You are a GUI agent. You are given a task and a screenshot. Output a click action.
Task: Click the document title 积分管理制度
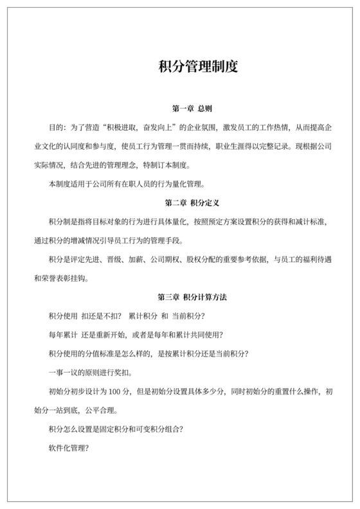(x=198, y=67)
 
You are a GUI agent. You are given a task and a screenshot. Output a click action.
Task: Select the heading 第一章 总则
(x=197, y=109)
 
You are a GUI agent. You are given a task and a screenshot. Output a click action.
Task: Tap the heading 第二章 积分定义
(x=197, y=203)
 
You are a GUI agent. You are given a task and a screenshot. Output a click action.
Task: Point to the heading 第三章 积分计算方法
(x=197, y=298)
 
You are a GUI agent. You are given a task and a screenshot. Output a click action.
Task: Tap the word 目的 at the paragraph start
(x=56, y=126)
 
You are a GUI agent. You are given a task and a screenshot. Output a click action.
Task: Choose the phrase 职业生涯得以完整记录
(x=252, y=145)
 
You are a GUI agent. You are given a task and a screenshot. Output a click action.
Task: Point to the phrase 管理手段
(x=166, y=241)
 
